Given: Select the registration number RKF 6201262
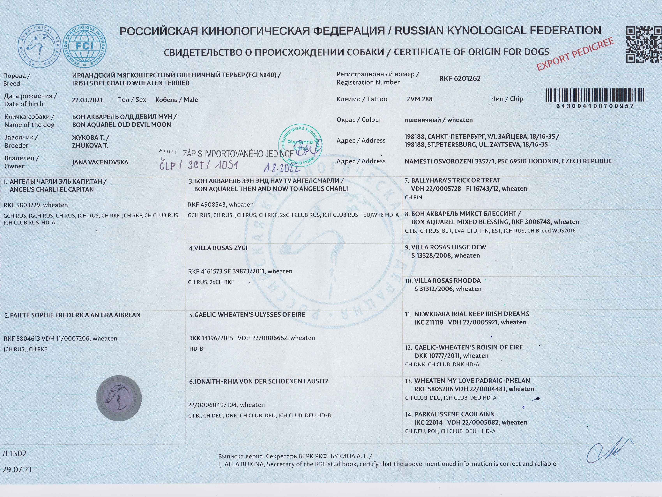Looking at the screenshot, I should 460,79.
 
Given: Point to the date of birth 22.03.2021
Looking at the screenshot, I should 87,100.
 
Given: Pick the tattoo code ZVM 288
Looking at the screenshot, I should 420,99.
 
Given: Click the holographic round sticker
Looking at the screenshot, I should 119,398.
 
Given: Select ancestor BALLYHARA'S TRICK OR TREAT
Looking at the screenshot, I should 456,180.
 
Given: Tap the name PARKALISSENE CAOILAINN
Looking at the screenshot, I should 454,414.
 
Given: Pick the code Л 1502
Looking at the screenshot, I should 14,454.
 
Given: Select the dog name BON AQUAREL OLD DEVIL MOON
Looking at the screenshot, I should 122,125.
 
